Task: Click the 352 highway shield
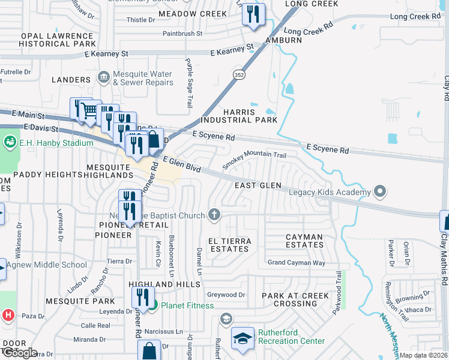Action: (238, 73)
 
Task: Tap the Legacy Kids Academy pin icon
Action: (379, 192)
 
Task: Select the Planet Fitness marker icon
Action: (153, 305)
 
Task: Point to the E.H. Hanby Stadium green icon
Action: (10, 143)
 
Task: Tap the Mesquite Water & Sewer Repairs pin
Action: (103, 77)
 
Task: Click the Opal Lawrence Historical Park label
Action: (58, 40)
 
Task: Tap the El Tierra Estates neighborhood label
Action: (229, 245)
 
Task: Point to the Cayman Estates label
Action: (304, 241)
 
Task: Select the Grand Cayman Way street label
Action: (296, 263)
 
